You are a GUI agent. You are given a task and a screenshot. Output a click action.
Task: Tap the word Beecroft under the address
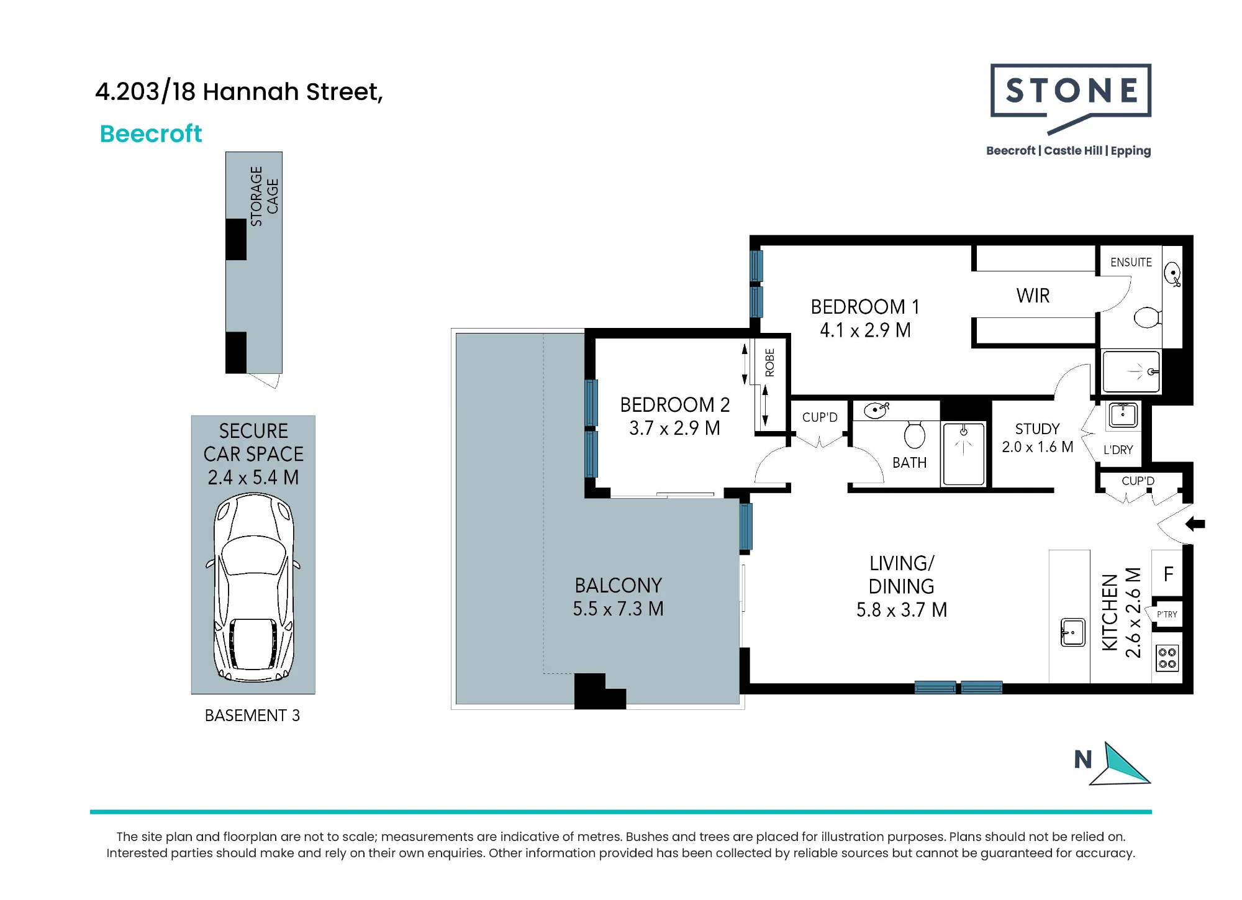coord(151,134)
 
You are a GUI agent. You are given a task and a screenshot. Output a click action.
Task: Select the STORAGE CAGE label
coord(264,196)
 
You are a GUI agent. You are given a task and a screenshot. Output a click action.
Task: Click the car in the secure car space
coord(253,588)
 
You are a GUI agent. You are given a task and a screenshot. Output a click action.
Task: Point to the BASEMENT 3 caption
coord(252,716)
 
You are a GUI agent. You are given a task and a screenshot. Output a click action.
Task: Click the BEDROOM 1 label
coord(865,307)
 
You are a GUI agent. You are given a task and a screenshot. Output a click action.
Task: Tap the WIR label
coord(1033,296)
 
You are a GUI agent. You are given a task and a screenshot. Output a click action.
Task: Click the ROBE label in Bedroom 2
coord(770,363)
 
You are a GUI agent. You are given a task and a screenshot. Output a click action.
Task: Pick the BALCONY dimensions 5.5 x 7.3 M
coord(618,609)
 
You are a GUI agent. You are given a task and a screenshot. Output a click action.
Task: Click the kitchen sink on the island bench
coord(1072,633)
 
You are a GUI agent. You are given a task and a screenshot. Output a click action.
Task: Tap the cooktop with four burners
coord(1167,658)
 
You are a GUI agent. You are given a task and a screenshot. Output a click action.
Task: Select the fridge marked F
coord(1167,574)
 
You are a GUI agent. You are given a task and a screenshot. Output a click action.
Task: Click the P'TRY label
coord(1167,614)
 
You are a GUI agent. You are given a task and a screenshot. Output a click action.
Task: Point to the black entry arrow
coord(1195,524)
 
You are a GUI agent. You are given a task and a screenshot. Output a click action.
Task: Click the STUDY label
coord(1037,429)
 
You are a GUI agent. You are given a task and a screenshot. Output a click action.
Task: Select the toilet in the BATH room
coord(914,434)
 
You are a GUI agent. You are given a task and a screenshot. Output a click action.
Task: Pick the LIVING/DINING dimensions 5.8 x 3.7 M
coord(902,610)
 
